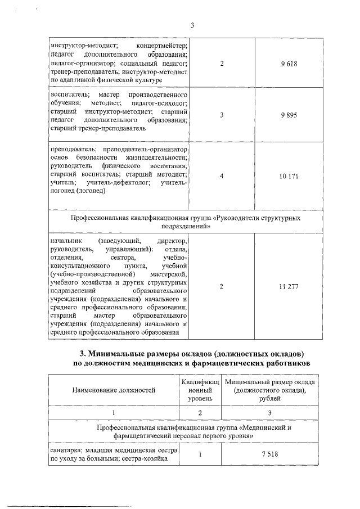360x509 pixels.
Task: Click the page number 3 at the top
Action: coord(192,25)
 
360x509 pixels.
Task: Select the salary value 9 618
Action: coord(289,64)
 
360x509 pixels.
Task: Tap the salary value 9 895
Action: coord(289,115)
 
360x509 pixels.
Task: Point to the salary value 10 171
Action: coord(289,176)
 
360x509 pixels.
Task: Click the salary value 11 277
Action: coord(289,287)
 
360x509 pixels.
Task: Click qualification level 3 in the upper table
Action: coord(222,115)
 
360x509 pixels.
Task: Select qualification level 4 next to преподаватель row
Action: coord(222,176)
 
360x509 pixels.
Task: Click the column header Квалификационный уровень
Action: coord(200,389)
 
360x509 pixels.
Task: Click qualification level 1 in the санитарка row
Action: coord(200,455)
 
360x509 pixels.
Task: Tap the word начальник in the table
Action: coord(66,241)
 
